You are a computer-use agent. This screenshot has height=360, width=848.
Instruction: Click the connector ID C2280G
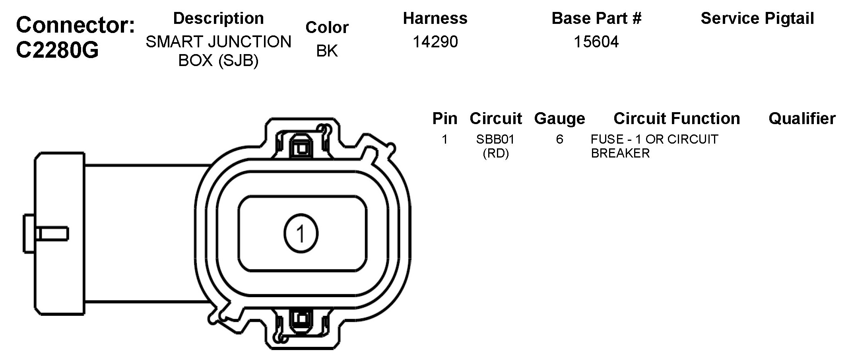57,51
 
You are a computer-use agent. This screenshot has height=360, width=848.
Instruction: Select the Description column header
218,18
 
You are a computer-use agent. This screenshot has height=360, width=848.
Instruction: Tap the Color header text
327,27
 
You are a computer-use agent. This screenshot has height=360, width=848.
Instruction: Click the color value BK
327,51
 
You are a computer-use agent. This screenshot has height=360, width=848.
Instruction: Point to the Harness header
435,18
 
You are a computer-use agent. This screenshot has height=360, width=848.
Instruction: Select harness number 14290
435,42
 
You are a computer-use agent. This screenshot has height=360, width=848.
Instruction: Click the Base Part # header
596,18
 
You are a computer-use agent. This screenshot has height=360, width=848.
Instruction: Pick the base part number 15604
596,42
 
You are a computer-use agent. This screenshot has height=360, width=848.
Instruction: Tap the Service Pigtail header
757,18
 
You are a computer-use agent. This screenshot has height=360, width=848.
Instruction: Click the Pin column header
444,119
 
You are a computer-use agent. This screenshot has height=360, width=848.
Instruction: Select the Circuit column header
495,119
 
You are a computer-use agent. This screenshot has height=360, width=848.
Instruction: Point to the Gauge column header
559,119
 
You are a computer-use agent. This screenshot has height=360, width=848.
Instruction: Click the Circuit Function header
676,119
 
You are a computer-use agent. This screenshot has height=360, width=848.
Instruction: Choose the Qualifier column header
802,119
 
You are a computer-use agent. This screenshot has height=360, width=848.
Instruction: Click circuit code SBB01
495,139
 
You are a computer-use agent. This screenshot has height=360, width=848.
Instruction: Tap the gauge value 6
559,139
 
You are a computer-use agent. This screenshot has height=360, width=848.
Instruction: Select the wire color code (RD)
495,153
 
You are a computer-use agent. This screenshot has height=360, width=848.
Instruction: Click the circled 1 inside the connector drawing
301,234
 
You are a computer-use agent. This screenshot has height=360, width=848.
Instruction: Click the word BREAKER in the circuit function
620,153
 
